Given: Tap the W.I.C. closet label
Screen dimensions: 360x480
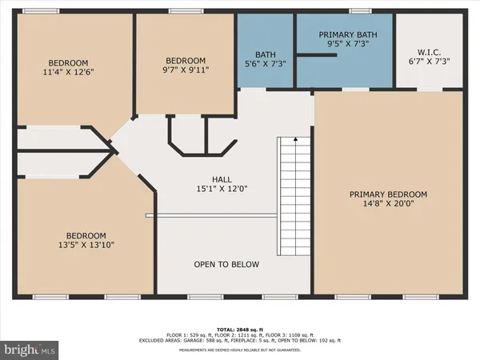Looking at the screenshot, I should (430, 55).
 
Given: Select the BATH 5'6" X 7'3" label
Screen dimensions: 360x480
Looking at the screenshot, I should (265, 58).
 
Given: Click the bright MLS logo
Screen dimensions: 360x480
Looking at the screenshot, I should (30, 350).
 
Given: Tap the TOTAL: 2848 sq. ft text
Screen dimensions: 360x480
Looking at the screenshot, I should (240, 328).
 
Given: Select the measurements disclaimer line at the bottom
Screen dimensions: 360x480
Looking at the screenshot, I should (240, 350).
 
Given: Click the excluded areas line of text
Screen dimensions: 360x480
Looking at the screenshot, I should (240, 342).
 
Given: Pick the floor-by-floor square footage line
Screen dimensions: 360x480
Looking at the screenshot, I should (240, 335).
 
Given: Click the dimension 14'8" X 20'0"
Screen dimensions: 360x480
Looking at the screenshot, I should (388, 203).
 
